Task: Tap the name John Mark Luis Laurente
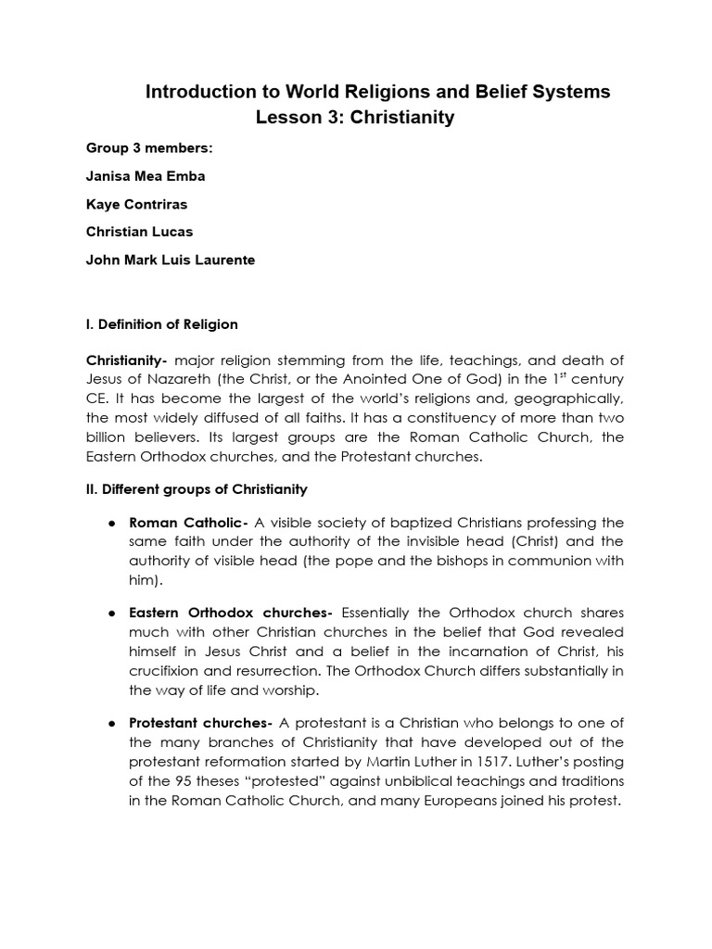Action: pyautogui.click(x=170, y=259)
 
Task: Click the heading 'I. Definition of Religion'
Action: pyautogui.click(x=161, y=324)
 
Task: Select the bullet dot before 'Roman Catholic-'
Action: pyautogui.click(x=111, y=523)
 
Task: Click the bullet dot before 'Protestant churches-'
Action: pyautogui.click(x=111, y=723)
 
